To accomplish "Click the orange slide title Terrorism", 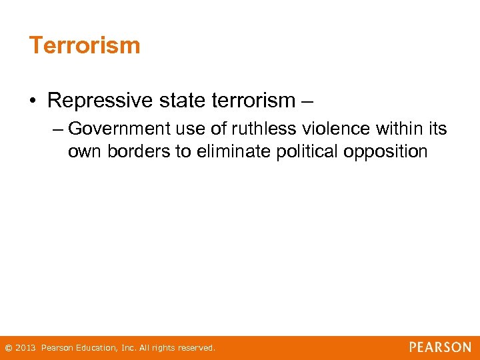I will pos(85,45).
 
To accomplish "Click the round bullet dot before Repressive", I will pos(33,101).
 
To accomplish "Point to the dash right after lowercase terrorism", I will pos(307,101).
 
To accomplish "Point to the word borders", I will pos(139,151).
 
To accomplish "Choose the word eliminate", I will pos(237,151).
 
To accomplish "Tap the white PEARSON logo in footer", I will pos(440,347).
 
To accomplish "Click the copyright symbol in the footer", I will pos(8,348).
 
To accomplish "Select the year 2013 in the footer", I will pos(25,348).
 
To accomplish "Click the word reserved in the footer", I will pos(196,348).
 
